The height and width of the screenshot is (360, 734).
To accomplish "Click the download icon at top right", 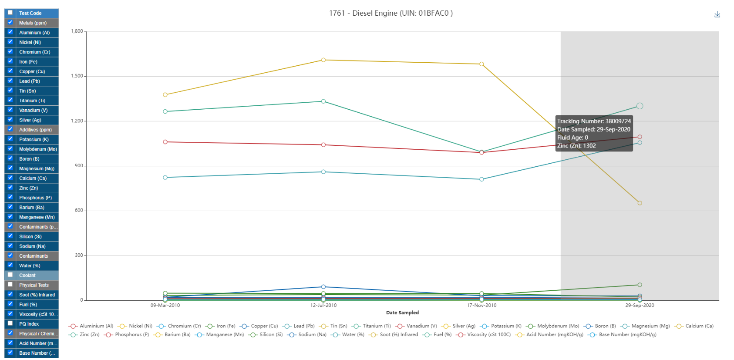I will coord(717,14).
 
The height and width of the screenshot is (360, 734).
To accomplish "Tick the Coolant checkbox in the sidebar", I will coord(10,275).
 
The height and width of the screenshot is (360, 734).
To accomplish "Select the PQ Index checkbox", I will coord(10,323).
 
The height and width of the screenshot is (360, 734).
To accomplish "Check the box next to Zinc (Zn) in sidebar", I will coord(10,188).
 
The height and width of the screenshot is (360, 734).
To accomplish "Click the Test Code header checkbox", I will coord(10,13).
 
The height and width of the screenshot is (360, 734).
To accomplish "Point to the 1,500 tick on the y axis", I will coord(77,76).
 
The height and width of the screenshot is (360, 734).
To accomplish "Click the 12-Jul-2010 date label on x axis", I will coord(323,305).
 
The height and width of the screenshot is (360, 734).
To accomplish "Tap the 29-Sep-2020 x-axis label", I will coord(639,305).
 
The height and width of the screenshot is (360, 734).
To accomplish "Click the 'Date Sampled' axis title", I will coord(402,313).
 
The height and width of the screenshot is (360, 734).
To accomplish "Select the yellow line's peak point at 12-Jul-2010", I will coord(323,60).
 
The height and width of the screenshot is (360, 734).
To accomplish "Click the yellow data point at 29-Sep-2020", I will coord(640,203).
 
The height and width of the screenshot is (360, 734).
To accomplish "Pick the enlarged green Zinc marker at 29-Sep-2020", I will coord(640,106).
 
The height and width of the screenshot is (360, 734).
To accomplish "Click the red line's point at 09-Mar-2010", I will coord(165,142).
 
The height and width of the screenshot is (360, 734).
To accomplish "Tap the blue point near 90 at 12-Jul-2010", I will coord(323,287).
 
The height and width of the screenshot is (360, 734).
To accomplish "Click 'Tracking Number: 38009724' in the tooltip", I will coord(594,121).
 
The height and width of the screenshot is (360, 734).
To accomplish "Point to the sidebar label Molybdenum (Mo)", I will coord(38,149).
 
